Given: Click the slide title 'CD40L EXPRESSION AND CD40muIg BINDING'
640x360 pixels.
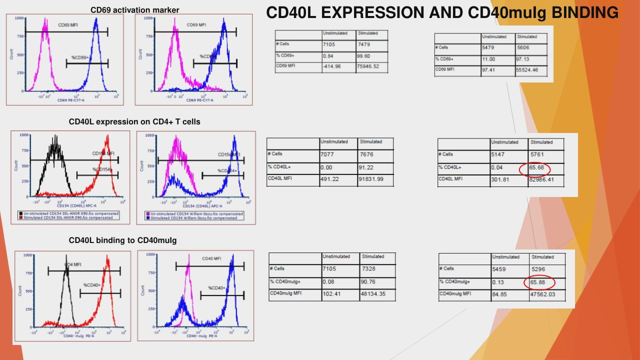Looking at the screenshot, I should click(442, 13).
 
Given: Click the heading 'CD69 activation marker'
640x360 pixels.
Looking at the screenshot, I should click(134, 10).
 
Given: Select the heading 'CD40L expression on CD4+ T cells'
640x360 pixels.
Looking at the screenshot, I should click(134, 121).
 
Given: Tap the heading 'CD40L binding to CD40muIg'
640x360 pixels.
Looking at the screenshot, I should click(122, 240).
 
